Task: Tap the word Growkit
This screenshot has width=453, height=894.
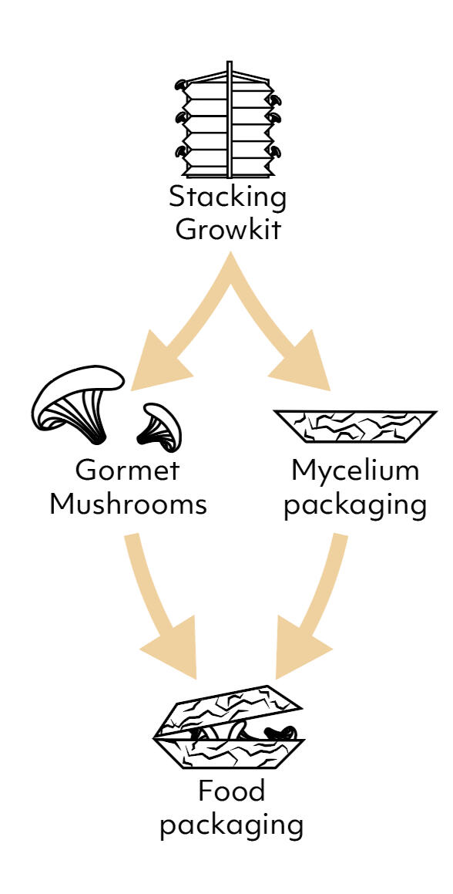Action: click(227, 229)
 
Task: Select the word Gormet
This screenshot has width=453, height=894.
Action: click(128, 471)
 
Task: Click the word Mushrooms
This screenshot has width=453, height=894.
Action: click(128, 504)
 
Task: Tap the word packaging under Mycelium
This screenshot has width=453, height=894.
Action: click(355, 507)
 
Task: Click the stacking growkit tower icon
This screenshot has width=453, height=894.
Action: click(228, 120)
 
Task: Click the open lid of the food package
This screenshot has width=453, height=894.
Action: click(228, 710)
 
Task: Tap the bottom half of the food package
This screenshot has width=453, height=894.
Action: click(229, 754)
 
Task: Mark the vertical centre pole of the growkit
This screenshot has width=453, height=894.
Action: click(229, 120)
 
